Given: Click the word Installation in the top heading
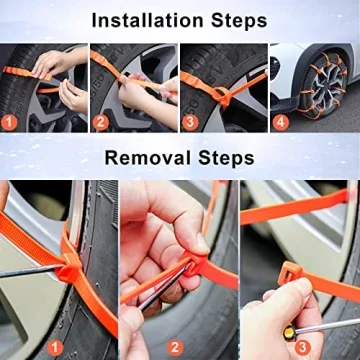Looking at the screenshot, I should click(147, 19).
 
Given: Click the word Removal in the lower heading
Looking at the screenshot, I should click(149, 159).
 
